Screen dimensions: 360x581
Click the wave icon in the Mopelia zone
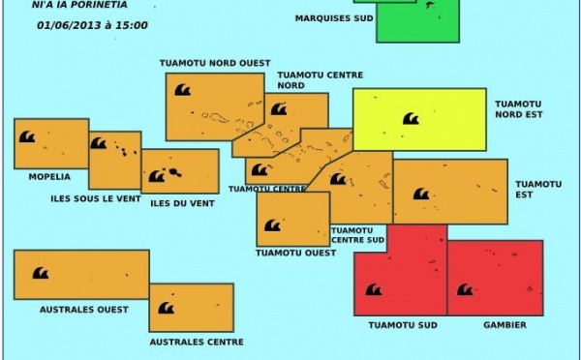[27, 137]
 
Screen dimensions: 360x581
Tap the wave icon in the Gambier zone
[465, 289]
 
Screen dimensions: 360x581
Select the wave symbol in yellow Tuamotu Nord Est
[410, 119]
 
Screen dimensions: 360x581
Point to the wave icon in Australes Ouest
[41, 274]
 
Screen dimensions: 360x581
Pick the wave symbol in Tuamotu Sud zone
[373, 289]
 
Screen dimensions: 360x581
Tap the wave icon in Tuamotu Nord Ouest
[182, 90]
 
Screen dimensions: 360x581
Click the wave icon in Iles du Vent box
[157, 176]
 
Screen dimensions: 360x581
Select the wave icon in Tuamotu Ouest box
[272, 225]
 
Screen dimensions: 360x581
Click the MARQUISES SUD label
[334, 18]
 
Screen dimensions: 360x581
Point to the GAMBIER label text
[505, 325]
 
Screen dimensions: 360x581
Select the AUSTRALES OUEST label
[84, 310]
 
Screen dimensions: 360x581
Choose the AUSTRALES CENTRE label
[197, 342]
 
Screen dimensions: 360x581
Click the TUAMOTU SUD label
[404, 325]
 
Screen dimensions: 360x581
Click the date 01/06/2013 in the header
[68, 25]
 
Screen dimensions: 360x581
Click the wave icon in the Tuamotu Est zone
[421, 194]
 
